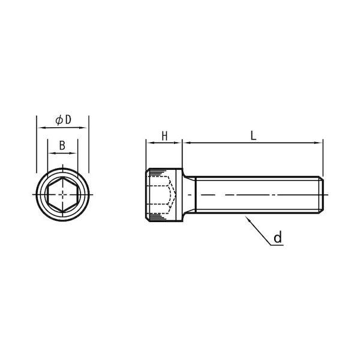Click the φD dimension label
coord(64,120)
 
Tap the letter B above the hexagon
coord(62,145)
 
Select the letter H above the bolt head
coord(164,136)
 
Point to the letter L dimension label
coord(253,136)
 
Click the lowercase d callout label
coord(278,238)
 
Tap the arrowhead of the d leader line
coord(247,218)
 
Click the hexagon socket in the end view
coord(62,194)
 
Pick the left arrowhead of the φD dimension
coord(41,128)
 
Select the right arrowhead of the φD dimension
coord(83,128)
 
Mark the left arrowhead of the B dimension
coord(51,153)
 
